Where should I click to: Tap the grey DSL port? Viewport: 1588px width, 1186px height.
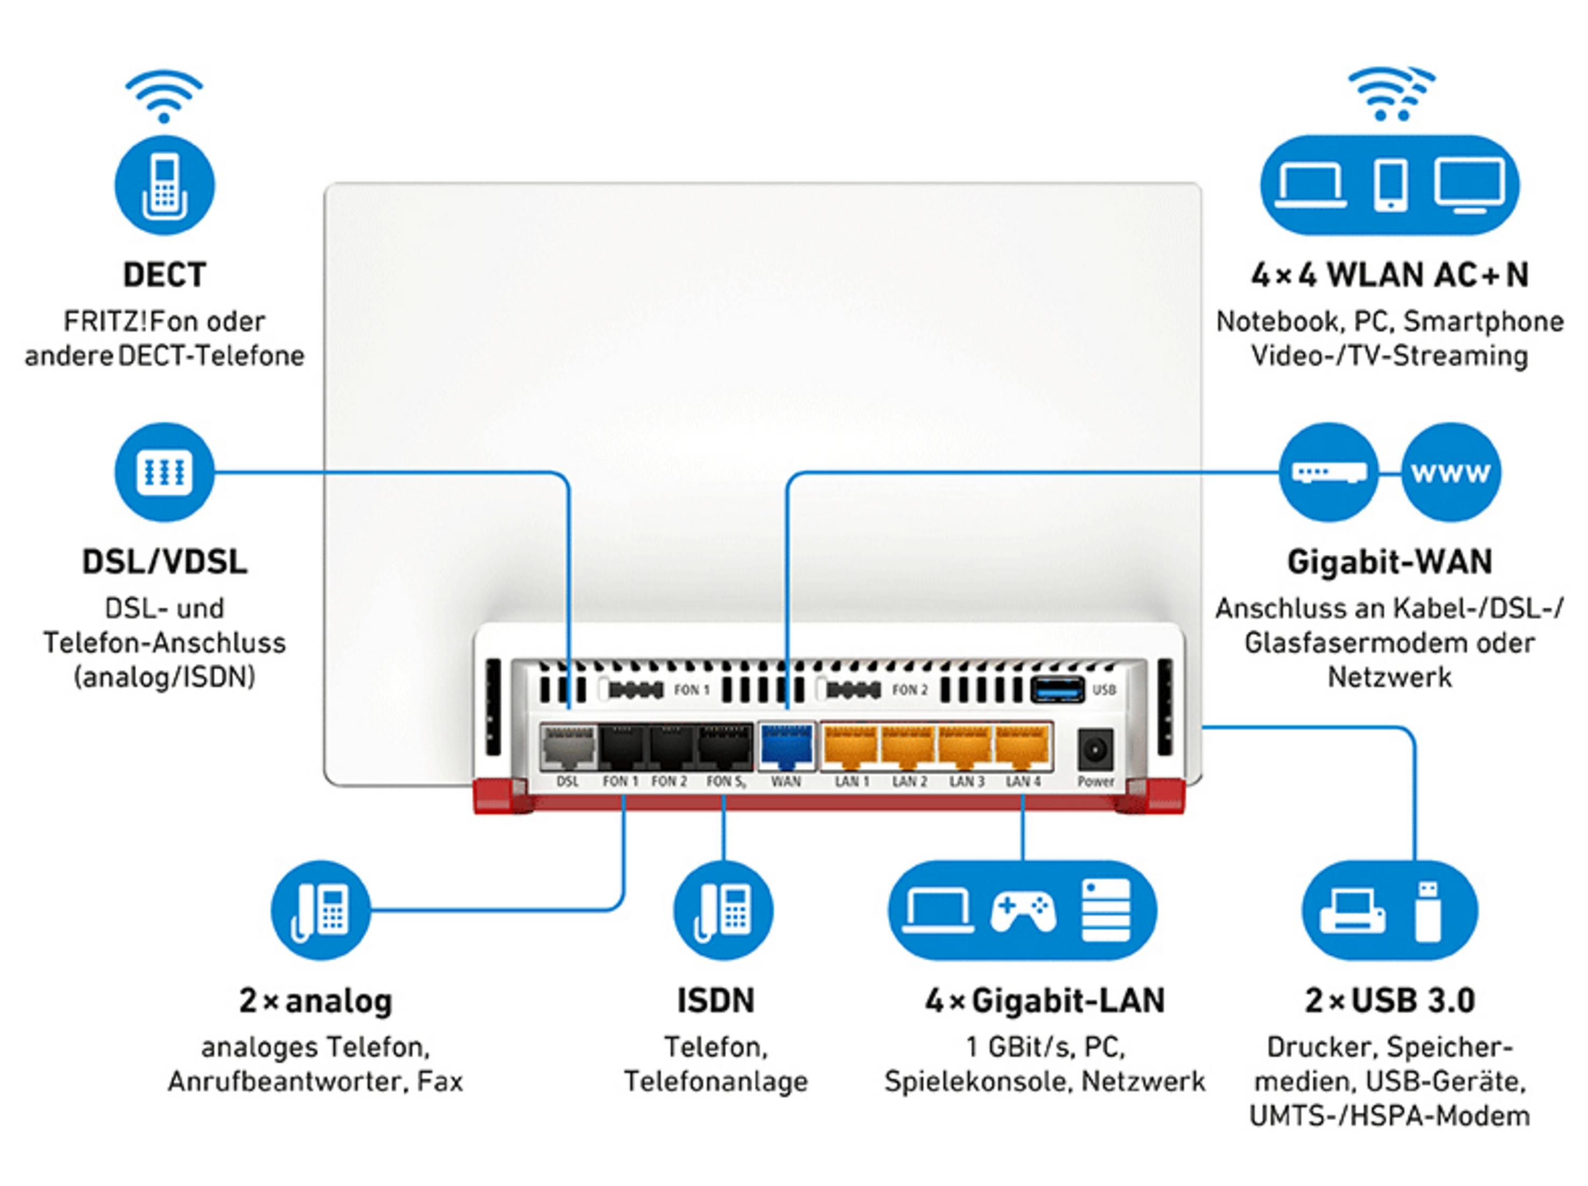[567, 747]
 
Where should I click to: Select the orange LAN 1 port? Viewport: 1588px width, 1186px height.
[850, 746]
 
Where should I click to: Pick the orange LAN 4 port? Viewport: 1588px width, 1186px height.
[1023, 746]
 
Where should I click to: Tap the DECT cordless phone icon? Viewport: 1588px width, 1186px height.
[164, 186]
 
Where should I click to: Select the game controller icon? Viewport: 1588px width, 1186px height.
[1023, 911]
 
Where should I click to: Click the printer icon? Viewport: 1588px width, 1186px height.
[1352, 911]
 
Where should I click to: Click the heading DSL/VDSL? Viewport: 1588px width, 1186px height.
[164, 561]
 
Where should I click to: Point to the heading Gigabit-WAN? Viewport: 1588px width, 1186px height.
[1389, 561]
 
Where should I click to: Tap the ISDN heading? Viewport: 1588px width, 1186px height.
[716, 1000]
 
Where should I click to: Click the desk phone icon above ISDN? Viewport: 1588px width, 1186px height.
[723, 911]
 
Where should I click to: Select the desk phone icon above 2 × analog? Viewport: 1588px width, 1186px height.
[320, 911]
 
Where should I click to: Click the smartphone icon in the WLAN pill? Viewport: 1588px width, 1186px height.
[1390, 186]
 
